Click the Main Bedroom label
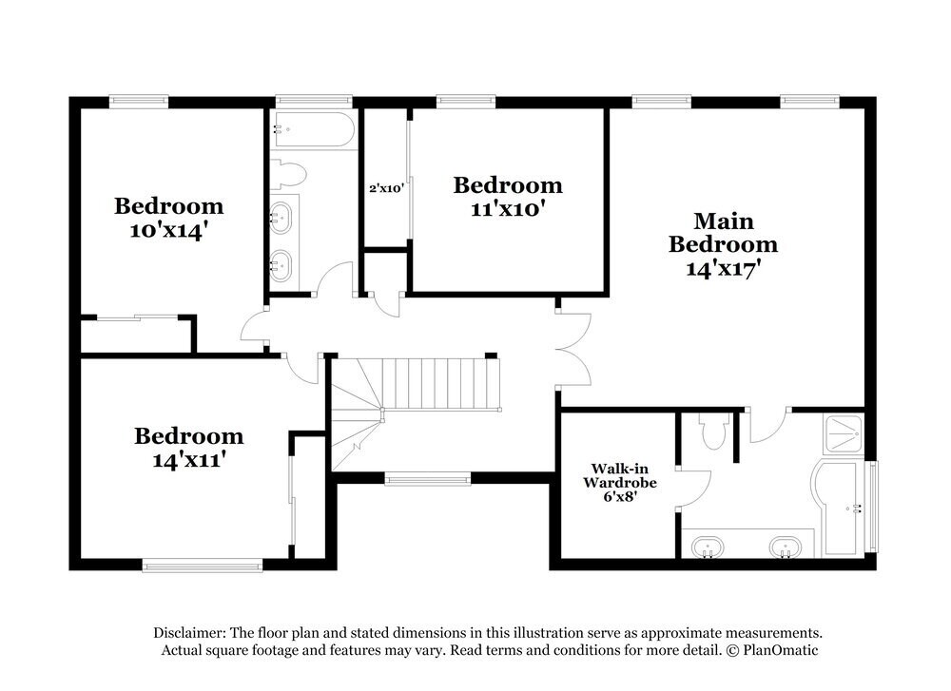click(723, 233)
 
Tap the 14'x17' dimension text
click(723, 268)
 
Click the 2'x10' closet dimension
click(387, 188)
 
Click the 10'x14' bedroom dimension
click(168, 230)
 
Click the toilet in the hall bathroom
click(288, 173)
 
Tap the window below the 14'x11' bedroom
click(202, 566)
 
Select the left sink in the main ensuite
click(706, 547)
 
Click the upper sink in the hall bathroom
click(281, 218)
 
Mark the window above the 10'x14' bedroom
click(139, 100)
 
